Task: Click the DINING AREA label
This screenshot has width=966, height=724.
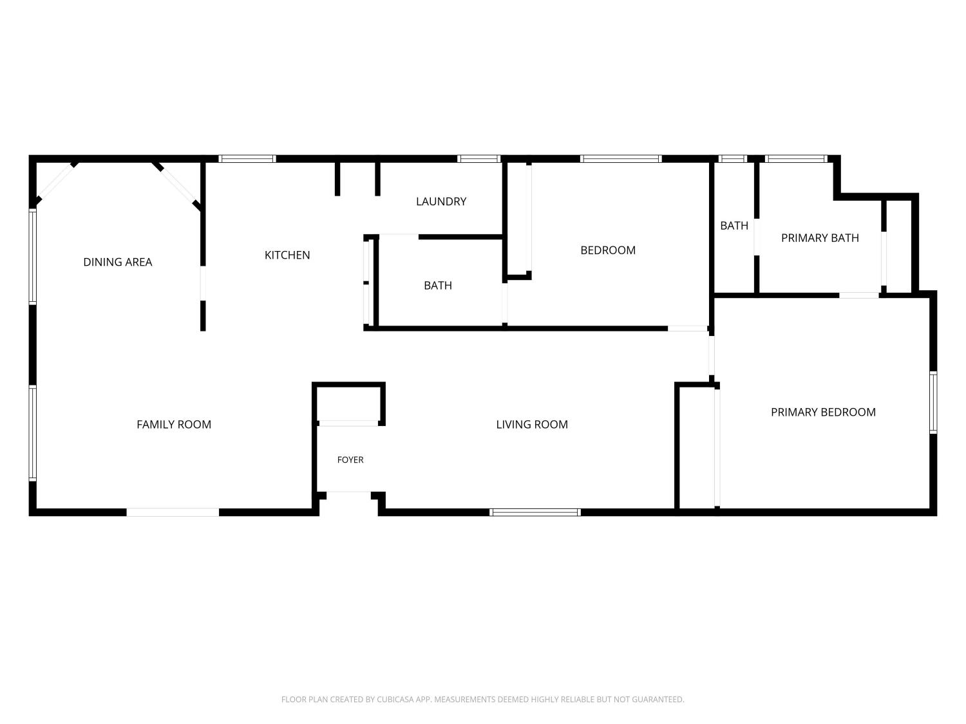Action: (x=117, y=262)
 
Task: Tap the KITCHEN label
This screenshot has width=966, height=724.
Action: (x=287, y=255)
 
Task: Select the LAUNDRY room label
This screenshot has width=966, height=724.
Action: (x=441, y=201)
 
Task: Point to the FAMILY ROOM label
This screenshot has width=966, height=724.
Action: (x=174, y=424)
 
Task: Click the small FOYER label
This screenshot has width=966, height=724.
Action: (x=350, y=459)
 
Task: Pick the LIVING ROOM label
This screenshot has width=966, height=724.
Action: (x=532, y=424)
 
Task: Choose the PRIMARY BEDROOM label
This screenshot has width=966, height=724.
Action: (x=824, y=412)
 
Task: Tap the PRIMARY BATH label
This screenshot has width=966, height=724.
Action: (x=820, y=238)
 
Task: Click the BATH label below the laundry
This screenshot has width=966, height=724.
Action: (x=438, y=285)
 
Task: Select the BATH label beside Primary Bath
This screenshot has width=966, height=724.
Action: (x=734, y=225)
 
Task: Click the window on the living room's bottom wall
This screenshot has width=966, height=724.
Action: (x=535, y=512)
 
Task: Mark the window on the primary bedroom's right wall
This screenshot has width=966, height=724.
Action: (x=933, y=403)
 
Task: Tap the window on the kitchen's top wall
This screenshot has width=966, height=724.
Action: (x=247, y=159)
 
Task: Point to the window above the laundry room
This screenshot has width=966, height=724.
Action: (x=479, y=159)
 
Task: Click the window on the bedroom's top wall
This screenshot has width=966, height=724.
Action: (x=621, y=159)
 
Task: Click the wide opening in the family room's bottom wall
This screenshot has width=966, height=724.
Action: (x=173, y=512)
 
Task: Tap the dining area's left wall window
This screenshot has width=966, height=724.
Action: (x=33, y=257)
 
